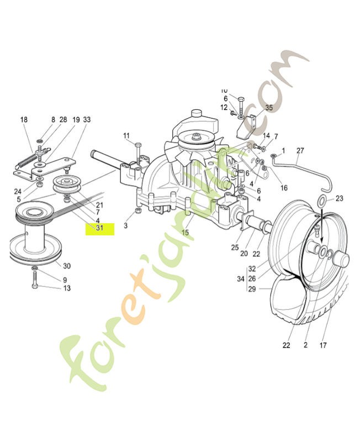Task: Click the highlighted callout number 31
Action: tap(99, 228)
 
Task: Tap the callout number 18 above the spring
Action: tap(24, 120)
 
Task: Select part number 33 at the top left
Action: tap(87, 120)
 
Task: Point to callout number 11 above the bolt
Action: tap(126, 136)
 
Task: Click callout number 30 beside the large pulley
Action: tap(67, 266)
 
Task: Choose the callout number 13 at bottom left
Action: tap(67, 288)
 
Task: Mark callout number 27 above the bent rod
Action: tap(300, 150)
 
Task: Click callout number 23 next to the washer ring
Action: tap(339, 198)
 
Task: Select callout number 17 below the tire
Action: tap(322, 345)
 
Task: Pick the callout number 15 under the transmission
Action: tap(185, 233)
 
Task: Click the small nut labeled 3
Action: tap(137, 212)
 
